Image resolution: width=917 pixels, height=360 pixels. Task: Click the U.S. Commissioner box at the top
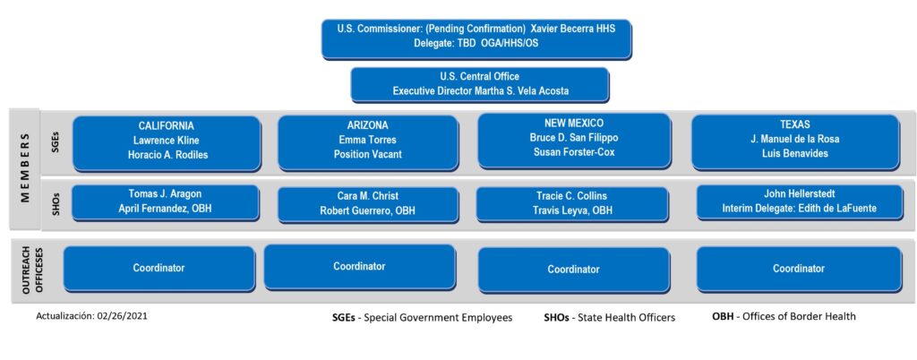click(476, 38)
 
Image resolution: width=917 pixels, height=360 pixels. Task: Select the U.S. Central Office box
click(480, 84)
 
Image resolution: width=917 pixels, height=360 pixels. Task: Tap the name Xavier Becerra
click(572, 28)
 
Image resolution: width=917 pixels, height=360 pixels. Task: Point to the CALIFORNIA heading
click(166, 125)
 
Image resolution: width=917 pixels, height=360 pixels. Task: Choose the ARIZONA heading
click(367, 125)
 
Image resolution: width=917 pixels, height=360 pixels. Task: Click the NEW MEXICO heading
click(573, 124)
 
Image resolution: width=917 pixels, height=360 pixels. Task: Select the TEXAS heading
click(795, 124)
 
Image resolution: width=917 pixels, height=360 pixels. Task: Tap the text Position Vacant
click(367, 155)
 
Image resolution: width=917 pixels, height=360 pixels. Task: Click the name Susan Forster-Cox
click(573, 152)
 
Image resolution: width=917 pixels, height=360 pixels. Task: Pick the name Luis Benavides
click(795, 154)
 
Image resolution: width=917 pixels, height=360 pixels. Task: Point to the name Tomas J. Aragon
click(166, 194)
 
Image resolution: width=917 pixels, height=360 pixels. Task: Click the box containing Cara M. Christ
click(367, 204)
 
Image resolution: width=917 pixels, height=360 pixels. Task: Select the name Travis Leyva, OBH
click(573, 211)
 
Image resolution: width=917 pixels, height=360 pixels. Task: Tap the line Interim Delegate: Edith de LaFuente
click(799, 208)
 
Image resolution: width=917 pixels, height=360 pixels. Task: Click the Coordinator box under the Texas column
click(799, 269)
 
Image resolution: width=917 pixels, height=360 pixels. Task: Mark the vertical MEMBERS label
click(24, 167)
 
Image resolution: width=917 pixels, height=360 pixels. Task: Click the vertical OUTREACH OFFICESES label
click(30, 270)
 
